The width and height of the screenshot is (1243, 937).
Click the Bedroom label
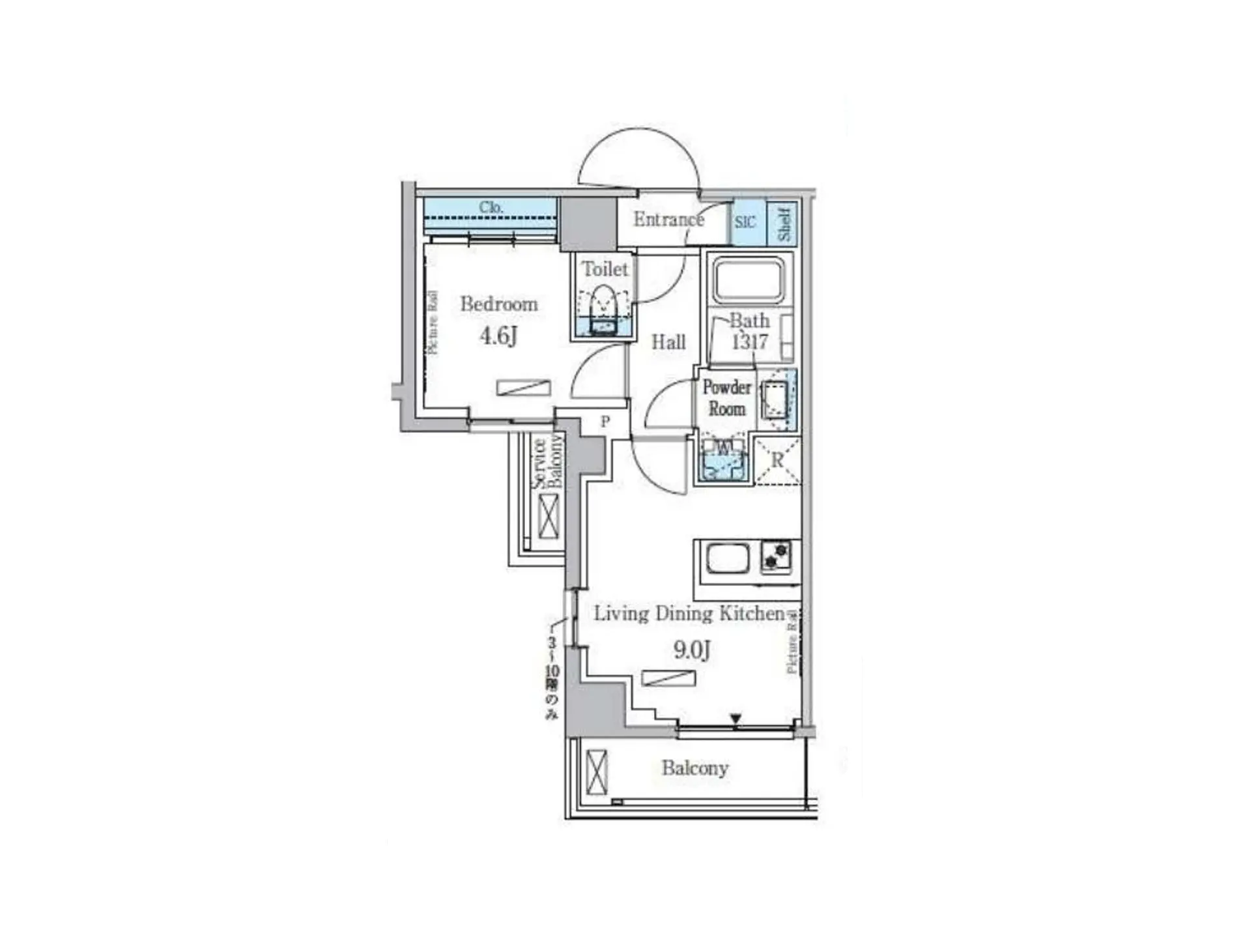click(x=498, y=304)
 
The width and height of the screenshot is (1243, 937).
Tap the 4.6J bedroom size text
click(x=498, y=336)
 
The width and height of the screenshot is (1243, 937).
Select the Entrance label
click(x=668, y=220)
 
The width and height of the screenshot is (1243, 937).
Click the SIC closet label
click(x=745, y=222)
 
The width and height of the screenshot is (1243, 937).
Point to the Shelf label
click(x=784, y=223)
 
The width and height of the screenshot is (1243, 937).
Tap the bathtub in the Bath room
click(x=749, y=280)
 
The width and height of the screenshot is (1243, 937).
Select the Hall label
click(x=668, y=342)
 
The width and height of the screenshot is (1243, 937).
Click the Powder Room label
click(x=726, y=397)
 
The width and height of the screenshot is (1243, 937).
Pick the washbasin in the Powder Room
click(x=776, y=399)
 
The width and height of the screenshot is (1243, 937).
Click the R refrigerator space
click(x=777, y=461)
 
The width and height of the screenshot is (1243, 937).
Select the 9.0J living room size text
click(x=691, y=650)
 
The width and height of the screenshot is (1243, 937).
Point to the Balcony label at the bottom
click(x=694, y=768)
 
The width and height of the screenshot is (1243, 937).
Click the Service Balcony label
click(x=547, y=462)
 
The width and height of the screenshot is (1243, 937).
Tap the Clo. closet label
click(x=491, y=207)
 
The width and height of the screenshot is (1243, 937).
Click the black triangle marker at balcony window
click(x=736, y=719)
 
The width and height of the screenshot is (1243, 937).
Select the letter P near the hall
click(x=605, y=422)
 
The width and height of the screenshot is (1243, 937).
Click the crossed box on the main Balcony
click(x=596, y=772)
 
